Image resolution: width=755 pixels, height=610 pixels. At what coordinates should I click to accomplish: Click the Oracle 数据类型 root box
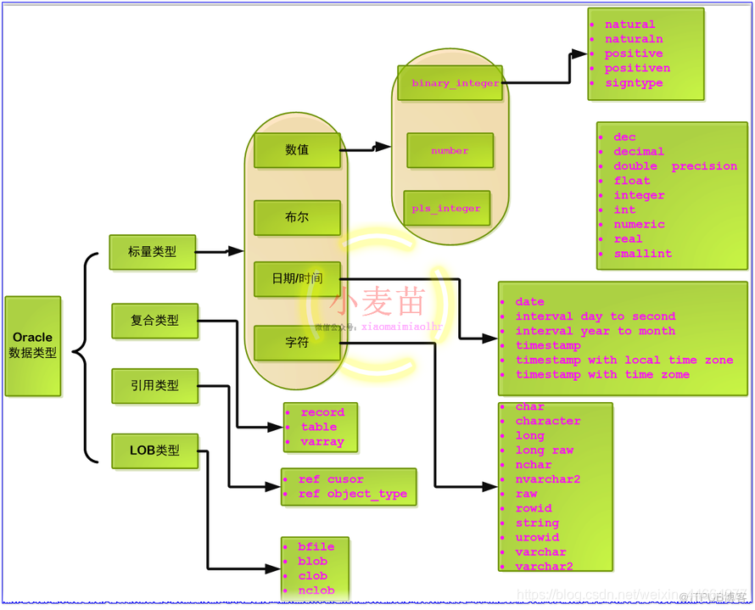(33, 345)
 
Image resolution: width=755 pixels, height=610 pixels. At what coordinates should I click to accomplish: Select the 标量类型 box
(153, 252)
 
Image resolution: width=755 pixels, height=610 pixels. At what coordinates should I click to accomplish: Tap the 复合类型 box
(154, 321)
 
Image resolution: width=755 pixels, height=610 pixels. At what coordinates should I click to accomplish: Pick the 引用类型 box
(154, 385)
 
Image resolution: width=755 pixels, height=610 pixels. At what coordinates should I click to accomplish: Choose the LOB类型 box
(154, 451)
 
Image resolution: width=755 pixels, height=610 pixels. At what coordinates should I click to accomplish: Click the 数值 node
(297, 150)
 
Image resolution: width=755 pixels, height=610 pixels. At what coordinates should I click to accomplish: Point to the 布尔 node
(297, 217)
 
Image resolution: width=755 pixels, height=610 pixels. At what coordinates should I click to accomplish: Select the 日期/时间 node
(297, 279)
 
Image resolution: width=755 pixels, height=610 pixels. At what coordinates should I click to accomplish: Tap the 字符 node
(297, 343)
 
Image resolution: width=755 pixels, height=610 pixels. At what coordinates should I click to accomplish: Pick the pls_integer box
(446, 208)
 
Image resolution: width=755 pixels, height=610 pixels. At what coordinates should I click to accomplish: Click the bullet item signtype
(634, 83)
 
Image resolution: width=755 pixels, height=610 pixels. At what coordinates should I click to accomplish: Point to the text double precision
(675, 166)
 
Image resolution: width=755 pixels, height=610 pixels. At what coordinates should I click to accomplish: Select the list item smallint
(642, 254)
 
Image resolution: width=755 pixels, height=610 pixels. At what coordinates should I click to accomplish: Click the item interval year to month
(595, 331)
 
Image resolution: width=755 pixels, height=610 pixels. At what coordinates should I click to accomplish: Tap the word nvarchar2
(548, 479)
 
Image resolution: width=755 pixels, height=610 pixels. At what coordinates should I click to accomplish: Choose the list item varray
(322, 441)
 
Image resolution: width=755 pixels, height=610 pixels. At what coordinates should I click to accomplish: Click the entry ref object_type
(352, 494)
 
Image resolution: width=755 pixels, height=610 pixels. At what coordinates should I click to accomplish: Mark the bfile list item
(316, 547)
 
